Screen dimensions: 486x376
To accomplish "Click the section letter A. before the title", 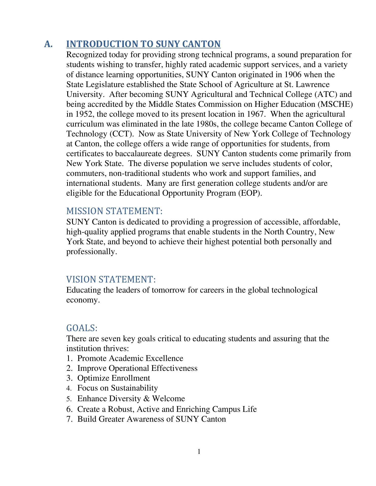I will (x=48, y=44).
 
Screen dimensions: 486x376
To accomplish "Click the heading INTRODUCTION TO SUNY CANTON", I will (x=143, y=44).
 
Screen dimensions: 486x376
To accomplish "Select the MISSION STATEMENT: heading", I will (x=114, y=211).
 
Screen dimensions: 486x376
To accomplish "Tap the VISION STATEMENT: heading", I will (x=111, y=279).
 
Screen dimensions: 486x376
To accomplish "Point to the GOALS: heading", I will (x=82, y=328).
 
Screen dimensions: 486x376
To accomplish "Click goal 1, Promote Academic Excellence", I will (x=130, y=358).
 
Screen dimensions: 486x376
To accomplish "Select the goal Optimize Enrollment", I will (x=114, y=378).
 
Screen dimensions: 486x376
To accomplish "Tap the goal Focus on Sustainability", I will (x=118, y=388).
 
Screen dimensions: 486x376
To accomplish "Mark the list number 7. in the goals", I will (x=70, y=419).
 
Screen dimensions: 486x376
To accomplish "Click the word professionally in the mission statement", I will (x=91, y=252).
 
